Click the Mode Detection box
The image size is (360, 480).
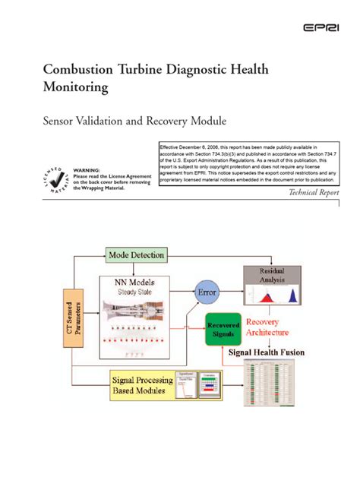(x=136, y=255)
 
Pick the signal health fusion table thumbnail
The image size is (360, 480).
(x=270, y=386)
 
